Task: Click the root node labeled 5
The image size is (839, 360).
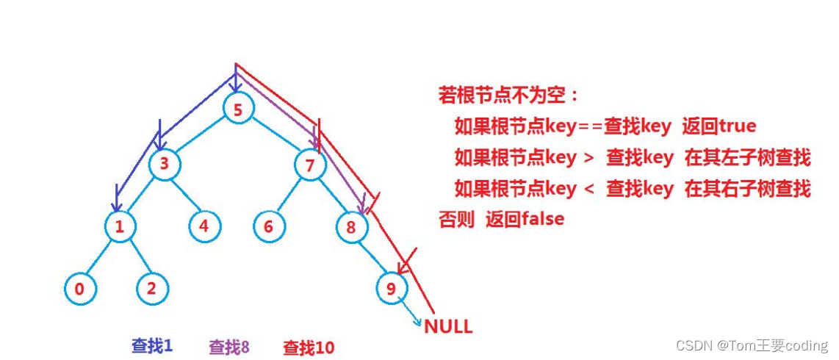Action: click(237, 110)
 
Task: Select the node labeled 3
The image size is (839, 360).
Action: click(165, 164)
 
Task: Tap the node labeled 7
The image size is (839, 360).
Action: click(309, 165)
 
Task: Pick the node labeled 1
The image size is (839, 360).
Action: click(119, 226)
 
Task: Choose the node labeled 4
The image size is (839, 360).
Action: click(204, 226)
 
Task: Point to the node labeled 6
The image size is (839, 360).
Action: click(268, 226)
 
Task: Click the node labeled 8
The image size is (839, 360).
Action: click(351, 227)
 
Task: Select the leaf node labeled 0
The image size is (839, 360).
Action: click(79, 289)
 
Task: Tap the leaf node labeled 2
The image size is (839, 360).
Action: click(151, 288)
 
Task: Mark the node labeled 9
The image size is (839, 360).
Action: click(390, 289)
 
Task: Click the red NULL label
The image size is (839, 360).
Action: click(448, 326)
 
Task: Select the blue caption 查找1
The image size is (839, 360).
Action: click(152, 345)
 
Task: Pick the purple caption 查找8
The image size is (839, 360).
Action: click(229, 347)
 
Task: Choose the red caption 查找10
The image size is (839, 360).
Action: click(309, 348)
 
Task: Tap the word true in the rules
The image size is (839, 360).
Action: click(737, 126)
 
